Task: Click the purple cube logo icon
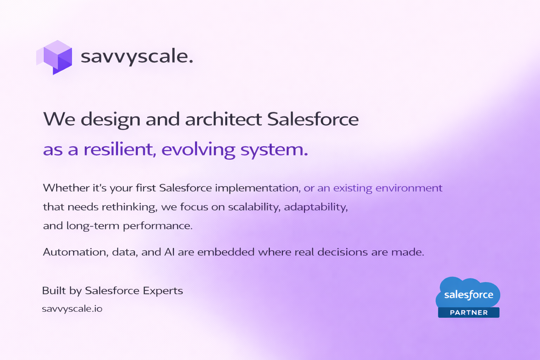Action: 54,57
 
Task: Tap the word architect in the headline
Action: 224,119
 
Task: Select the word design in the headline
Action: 110,120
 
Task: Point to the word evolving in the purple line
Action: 198,150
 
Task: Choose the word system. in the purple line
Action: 274,150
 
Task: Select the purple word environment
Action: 409,188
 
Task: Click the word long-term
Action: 93,226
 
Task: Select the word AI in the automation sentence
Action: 169,252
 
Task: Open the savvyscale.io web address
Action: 72,309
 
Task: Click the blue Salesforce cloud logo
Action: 468,293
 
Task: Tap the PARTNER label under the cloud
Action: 469,313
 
